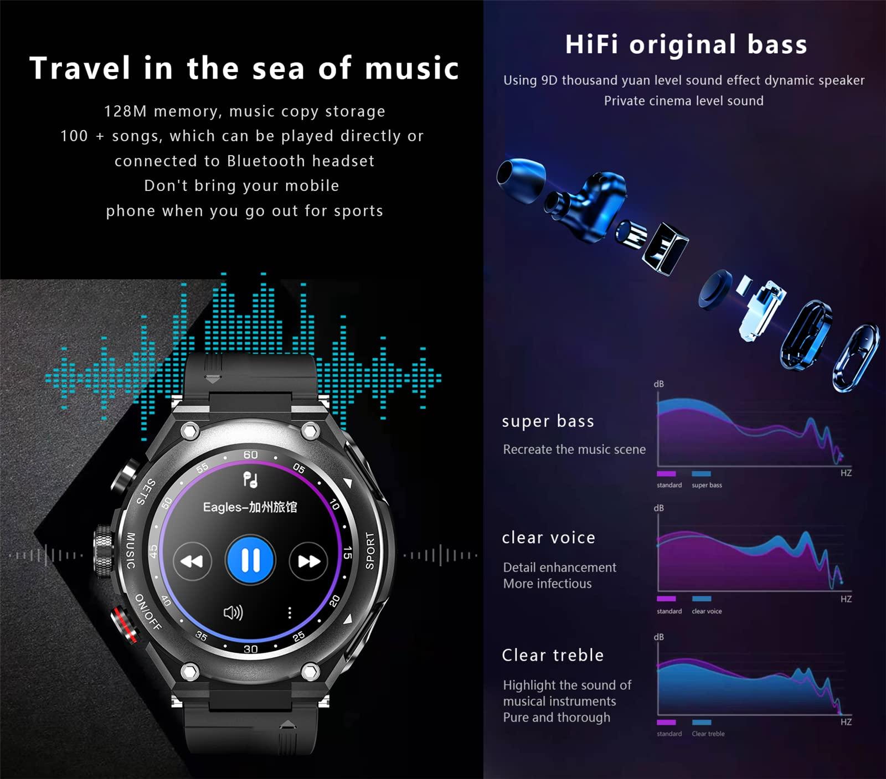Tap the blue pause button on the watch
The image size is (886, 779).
click(250, 560)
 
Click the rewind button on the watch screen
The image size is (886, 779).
click(192, 561)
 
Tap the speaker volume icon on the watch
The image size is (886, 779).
click(233, 612)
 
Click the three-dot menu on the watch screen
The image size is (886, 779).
click(290, 612)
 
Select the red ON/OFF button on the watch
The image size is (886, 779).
click(125, 625)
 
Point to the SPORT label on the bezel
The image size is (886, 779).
click(370, 551)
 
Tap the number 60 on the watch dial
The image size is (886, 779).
click(251, 455)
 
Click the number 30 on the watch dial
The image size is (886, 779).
click(251, 649)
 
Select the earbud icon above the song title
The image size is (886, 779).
click(251, 479)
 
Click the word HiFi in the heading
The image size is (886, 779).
click(591, 45)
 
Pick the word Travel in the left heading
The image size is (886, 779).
click(80, 68)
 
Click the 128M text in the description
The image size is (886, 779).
click(125, 111)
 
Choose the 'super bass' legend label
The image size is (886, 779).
click(707, 486)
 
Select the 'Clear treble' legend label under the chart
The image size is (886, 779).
click(708, 734)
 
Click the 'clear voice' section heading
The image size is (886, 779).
click(548, 538)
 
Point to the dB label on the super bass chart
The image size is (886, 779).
click(658, 384)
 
